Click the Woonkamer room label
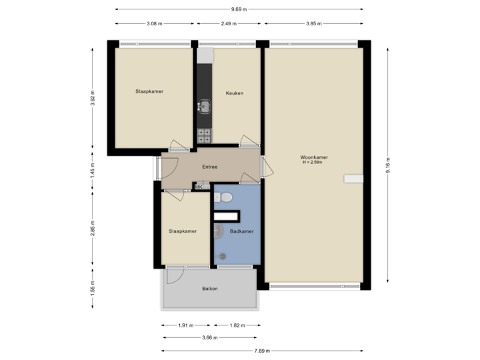tap(313, 157)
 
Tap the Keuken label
tap(234, 93)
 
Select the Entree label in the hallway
tap(210, 167)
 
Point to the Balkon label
tap(210, 289)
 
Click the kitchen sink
tap(204, 106)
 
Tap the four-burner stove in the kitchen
tap(204, 137)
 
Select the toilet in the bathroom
tap(226, 197)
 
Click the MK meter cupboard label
tap(199, 188)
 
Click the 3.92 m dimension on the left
tap(93, 98)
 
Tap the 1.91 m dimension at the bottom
tap(185, 326)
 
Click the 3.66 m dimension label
tap(209, 337)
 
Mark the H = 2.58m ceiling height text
tap(313, 163)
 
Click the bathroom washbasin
tap(219, 231)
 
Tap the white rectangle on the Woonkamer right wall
tap(353, 178)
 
